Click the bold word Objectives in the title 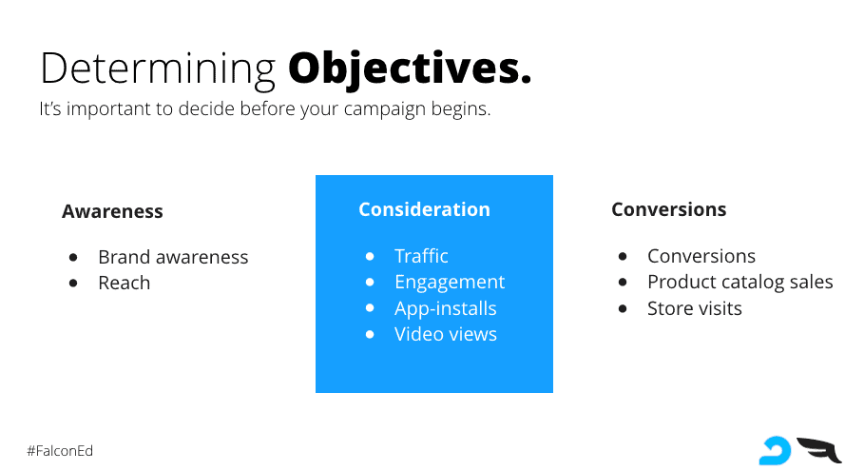410,69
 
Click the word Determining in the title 158,69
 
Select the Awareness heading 112,211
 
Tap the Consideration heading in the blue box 424,209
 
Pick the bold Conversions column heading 669,209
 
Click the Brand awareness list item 173,257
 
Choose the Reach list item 124,283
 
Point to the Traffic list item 421,256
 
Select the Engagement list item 450,283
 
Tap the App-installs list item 445,308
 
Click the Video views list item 445,334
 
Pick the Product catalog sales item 739,283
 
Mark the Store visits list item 694,308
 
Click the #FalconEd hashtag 60,451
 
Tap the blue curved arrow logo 775,451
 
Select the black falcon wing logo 818,450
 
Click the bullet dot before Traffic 370,256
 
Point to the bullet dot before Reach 73,283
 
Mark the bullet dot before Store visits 623,308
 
